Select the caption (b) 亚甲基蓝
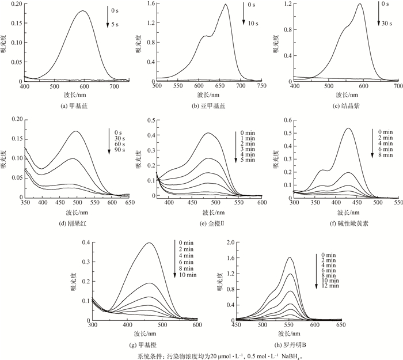(208, 105)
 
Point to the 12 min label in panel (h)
(330, 286)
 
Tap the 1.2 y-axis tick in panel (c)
(286, 4)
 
